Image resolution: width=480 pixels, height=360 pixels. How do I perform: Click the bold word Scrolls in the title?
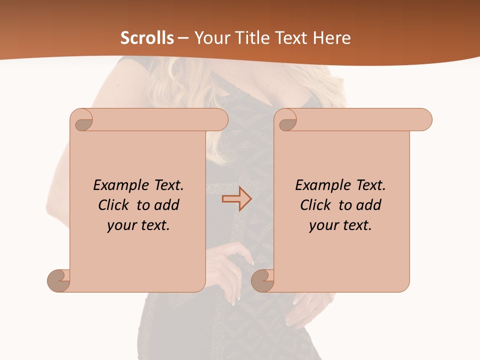pyautogui.click(x=147, y=38)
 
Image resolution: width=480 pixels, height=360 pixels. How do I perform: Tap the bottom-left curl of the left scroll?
pyautogui.click(x=57, y=280)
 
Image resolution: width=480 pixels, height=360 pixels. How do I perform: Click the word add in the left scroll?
pyautogui.click(x=166, y=205)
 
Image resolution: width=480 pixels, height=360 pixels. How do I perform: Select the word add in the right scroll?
pyautogui.click(x=368, y=205)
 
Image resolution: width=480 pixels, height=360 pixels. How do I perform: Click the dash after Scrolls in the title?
pyautogui.click(x=183, y=38)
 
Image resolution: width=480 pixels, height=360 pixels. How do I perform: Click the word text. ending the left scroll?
pyautogui.click(x=153, y=226)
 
